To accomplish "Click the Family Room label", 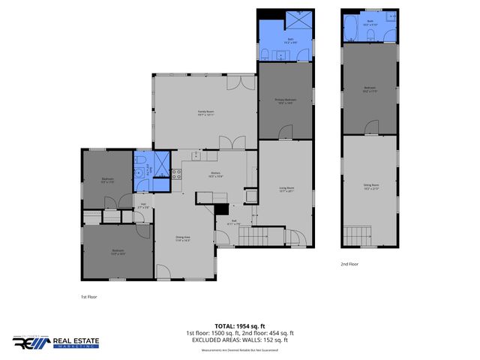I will pyautogui.click(x=205, y=113).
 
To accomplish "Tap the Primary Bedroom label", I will pyautogui.click(x=284, y=100).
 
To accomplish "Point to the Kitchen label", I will pyautogui.click(x=214, y=175).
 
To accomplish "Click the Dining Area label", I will pyautogui.click(x=182, y=238).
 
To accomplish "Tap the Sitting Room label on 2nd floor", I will pyautogui.click(x=370, y=186).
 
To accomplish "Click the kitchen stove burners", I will pyautogui.click(x=177, y=174).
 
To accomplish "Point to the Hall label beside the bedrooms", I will pyautogui.click(x=142, y=205).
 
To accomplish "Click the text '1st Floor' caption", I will pyautogui.click(x=88, y=296).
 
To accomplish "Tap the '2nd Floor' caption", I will pyautogui.click(x=349, y=264).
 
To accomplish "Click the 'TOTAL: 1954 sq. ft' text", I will pyautogui.click(x=240, y=326).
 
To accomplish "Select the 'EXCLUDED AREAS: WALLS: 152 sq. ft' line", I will pyautogui.click(x=240, y=340).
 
